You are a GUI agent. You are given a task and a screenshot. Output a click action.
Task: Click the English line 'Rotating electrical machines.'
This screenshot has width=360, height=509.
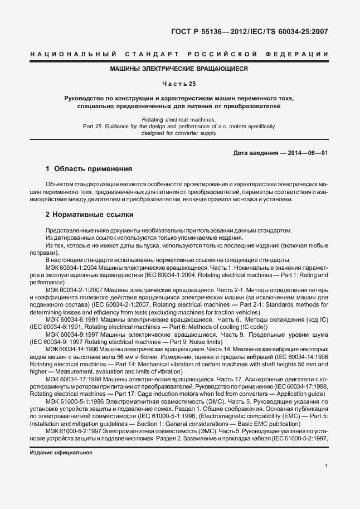[x=178, y=119]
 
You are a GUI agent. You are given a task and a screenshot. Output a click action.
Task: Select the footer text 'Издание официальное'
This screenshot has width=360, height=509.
[x=60, y=453]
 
